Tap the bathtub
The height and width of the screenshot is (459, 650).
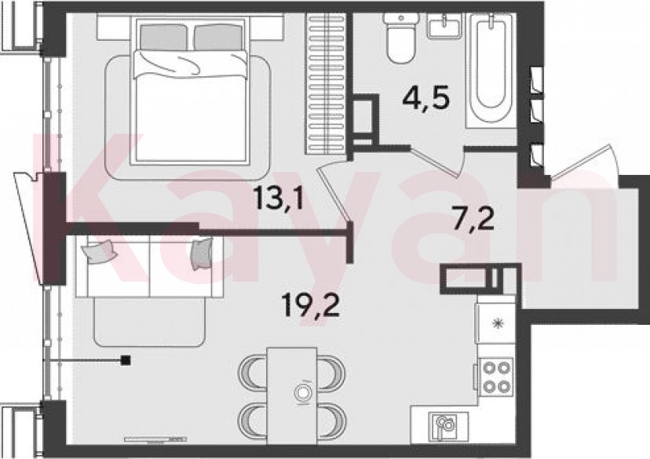[491, 67]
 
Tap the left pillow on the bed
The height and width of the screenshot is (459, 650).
[164, 35]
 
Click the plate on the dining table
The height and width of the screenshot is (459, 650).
[302, 392]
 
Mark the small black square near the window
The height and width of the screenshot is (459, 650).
[126, 360]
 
